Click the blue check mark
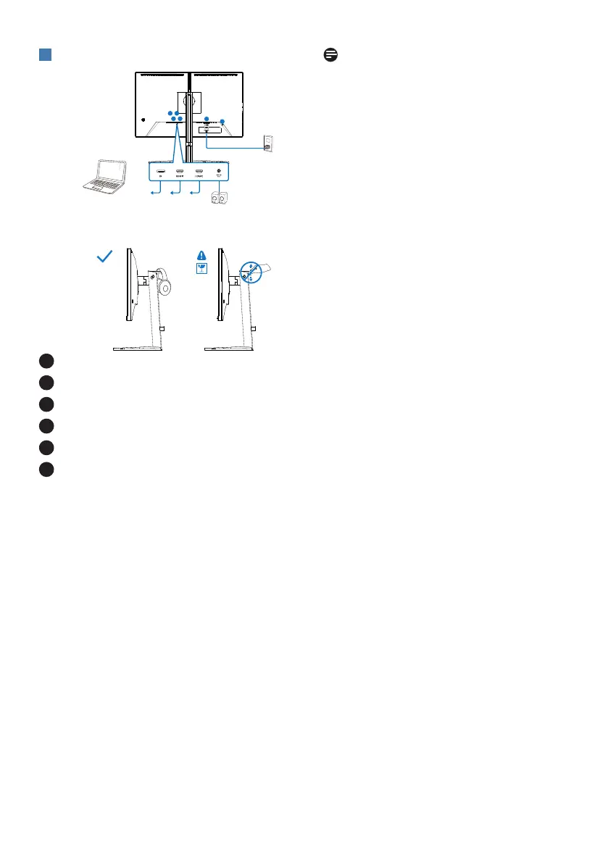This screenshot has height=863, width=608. (x=105, y=257)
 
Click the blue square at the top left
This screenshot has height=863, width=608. (x=44, y=56)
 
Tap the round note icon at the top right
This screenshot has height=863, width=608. (x=331, y=55)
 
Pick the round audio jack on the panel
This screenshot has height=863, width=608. (x=219, y=173)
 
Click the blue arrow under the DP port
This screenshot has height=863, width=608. (x=154, y=192)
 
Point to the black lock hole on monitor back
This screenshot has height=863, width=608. (x=144, y=120)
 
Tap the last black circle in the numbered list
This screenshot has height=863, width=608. (x=46, y=470)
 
